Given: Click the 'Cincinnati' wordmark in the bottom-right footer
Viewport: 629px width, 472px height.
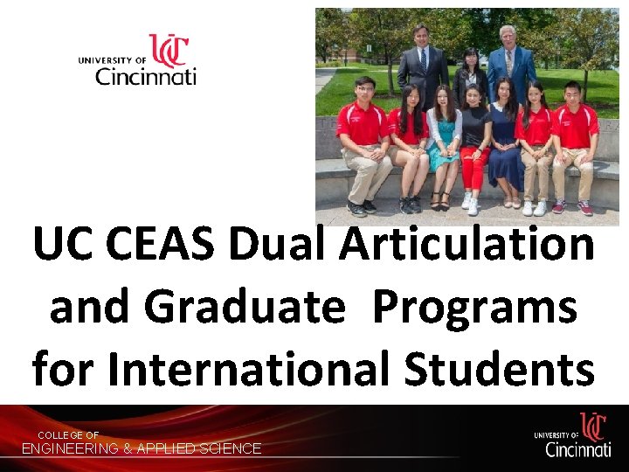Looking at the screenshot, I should (577, 449).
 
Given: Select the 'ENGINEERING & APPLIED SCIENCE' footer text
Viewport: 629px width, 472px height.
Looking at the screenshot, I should (142, 448).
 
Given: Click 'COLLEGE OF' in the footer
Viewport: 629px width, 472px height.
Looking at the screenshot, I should (68, 435).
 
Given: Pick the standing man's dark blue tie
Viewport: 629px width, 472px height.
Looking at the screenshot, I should (424, 61).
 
